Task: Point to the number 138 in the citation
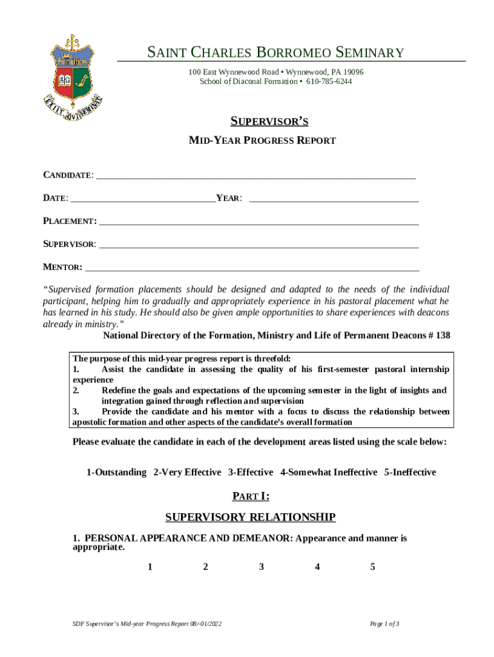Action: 442,336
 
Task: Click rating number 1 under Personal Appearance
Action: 149,567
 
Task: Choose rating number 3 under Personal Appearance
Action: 261,567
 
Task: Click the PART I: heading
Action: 250,496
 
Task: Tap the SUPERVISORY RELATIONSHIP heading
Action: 250,517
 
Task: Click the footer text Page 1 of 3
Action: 385,624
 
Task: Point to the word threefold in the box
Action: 281,359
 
